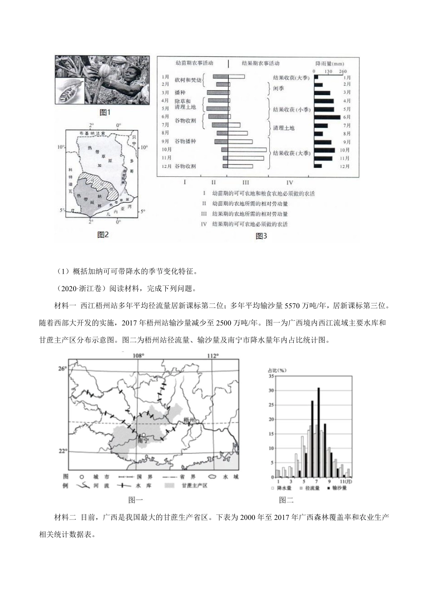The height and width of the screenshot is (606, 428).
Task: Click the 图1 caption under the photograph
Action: [x=105, y=112]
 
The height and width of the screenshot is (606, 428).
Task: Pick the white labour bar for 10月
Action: [x=247, y=150]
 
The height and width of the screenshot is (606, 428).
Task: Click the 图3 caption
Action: [x=261, y=236]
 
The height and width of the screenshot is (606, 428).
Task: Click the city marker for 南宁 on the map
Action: [x=143, y=435]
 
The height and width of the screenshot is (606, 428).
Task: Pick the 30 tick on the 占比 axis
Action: [x=271, y=390]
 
